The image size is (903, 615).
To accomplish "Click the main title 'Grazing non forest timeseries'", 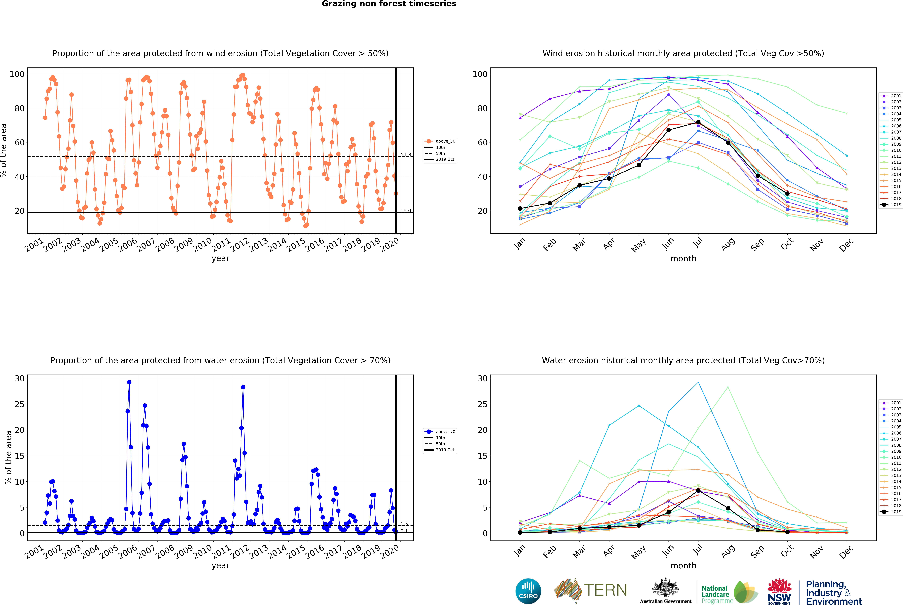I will point(389,4).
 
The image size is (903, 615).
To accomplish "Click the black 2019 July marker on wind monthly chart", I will point(698,122).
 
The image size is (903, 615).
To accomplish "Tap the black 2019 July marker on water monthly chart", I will point(698,490).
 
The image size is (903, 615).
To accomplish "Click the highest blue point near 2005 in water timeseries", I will point(129,382).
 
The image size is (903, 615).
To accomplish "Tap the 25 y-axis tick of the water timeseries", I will point(19,404).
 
